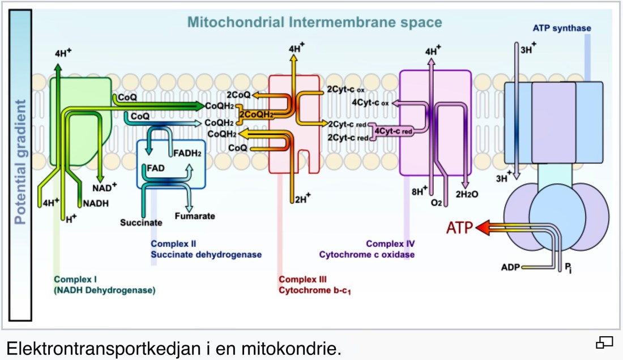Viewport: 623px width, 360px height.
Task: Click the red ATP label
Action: (459, 228)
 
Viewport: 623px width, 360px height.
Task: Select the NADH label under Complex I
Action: (95, 203)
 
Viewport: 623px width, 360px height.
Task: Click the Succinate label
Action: (141, 222)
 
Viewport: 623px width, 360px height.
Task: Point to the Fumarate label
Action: (194, 216)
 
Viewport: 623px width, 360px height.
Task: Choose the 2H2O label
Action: (467, 194)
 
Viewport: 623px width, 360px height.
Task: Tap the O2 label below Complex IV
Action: (436, 202)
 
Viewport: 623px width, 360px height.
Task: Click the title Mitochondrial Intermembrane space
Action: (314, 23)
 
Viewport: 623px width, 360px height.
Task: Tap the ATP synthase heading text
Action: (562, 28)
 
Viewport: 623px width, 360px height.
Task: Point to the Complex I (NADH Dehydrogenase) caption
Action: (105, 285)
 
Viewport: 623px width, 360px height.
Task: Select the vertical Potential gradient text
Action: (21, 162)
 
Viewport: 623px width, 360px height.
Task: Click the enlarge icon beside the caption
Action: (604, 342)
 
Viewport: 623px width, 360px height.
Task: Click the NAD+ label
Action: (105, 186)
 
